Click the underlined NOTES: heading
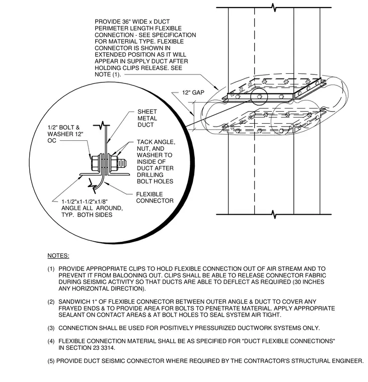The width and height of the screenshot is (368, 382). click(58, 256)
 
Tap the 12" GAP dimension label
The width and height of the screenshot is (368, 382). click(193, 92)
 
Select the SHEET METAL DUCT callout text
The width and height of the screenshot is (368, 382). click(147, 118)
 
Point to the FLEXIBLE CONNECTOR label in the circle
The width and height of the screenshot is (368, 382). click(155, 198)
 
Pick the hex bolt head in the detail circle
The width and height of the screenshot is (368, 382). click(95, 163)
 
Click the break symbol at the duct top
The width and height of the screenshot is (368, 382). click(274, 8)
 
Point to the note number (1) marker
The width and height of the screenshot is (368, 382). click(51, 269)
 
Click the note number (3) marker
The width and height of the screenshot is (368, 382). click(51, 328)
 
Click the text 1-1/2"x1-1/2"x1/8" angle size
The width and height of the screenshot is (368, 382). click(85, 202)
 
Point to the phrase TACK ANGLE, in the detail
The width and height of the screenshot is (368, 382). click(156, 142)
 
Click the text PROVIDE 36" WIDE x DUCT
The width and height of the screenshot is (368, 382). click(132, 22)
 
